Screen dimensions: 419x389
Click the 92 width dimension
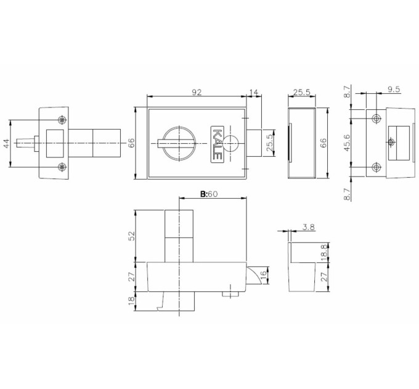197,93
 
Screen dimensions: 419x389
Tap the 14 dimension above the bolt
254,93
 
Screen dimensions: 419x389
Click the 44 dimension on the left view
6,143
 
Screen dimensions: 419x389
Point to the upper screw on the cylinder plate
62,120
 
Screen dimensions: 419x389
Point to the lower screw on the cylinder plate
62,167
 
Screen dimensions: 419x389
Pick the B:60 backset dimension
209,194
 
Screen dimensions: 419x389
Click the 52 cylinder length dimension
132,236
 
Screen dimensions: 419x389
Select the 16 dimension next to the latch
263,274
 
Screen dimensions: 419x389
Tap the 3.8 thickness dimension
309,227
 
